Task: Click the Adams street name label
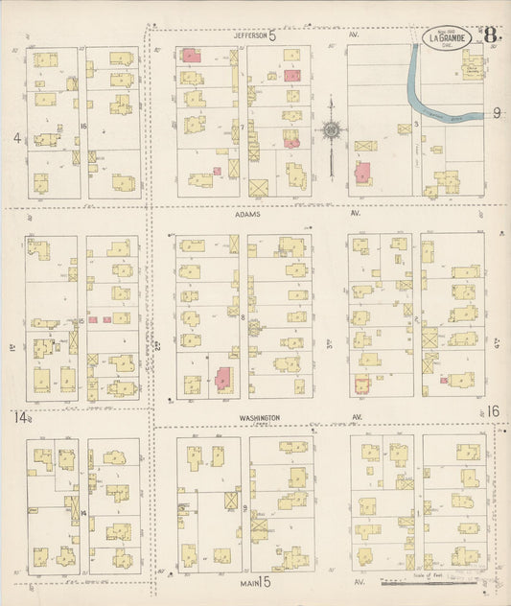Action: (247, 216)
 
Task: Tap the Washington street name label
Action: (260, 417)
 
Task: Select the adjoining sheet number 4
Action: (16, 137)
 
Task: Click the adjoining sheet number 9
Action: (497, 113)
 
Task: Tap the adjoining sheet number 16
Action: (493, 411)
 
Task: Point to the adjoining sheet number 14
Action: (20, 416)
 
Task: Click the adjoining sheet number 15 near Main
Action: (265, 581)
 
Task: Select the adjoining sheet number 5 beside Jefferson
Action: (271, 36)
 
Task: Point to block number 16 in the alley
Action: (83, 125)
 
